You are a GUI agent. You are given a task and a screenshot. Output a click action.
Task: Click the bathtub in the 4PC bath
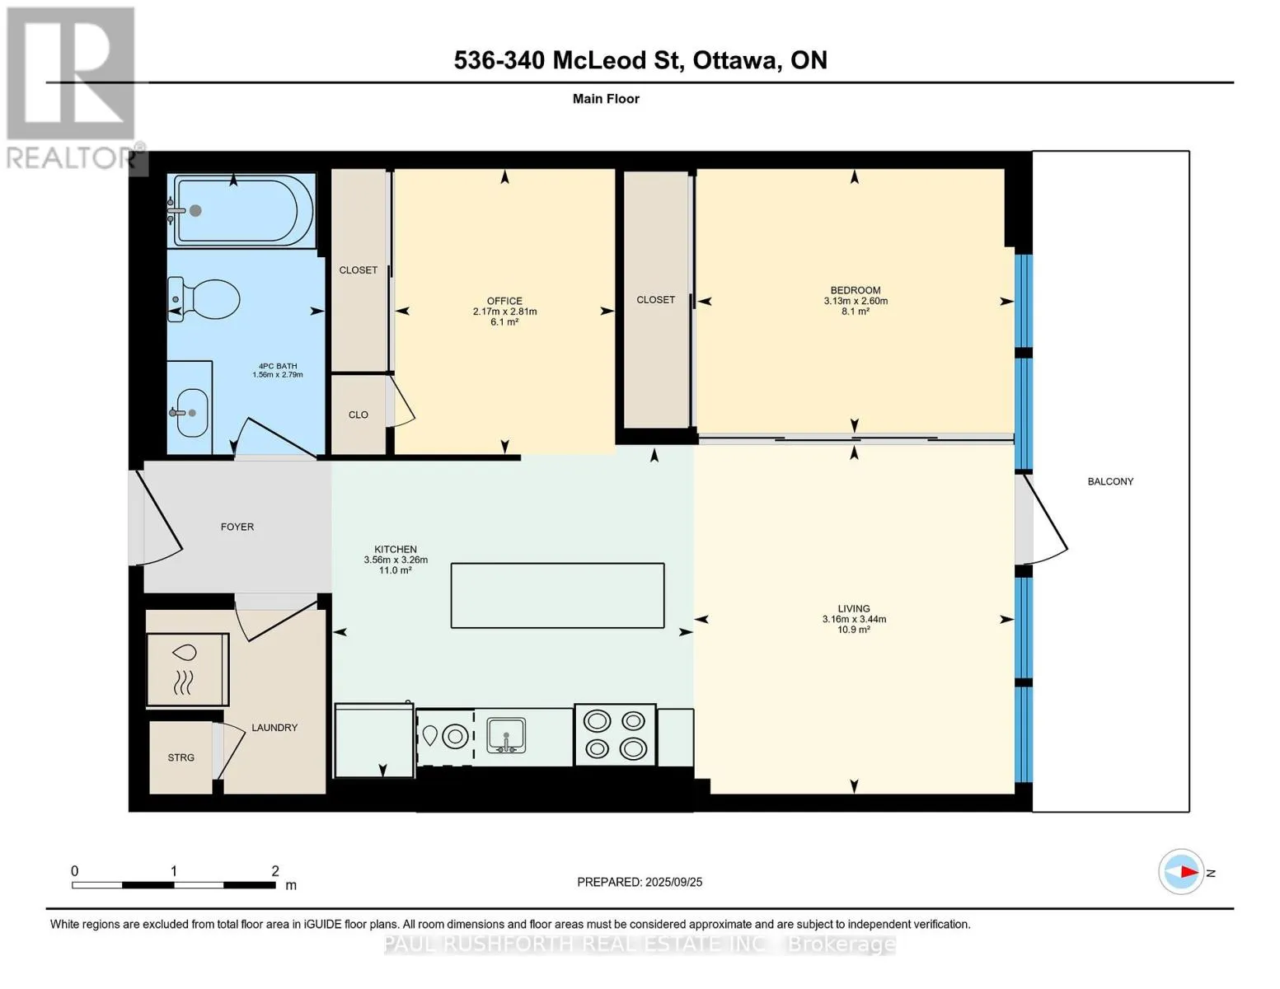point(241,210)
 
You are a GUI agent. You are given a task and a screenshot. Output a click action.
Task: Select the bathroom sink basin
point(192,412)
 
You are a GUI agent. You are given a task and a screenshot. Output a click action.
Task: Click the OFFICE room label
point(504,301)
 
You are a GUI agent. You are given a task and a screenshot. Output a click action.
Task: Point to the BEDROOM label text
point(856,290)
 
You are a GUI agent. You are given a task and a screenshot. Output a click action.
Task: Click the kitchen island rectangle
point(557,596)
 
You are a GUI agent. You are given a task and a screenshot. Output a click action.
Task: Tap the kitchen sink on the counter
point(506,736)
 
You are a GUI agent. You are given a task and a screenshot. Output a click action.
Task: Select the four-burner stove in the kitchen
point(615,735)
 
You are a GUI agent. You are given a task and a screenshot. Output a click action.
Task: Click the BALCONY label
point(1110,481)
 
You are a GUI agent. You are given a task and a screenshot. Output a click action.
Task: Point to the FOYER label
point(237,527)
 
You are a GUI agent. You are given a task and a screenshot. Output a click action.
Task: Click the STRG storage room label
point(181,757)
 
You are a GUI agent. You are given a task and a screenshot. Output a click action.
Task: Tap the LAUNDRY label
point(274,728)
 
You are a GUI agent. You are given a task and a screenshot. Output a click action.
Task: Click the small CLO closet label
point(359,415)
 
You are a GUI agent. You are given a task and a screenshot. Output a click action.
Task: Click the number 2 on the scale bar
point(275,870)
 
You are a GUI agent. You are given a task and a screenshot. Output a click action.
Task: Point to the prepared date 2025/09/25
point(674,882)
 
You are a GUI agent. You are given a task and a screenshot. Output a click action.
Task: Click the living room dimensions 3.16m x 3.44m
point(854,619)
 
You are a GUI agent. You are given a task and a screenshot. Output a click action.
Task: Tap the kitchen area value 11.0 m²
point(396,570)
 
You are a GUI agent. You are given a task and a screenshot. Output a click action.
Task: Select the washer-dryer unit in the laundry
point(187,669)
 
